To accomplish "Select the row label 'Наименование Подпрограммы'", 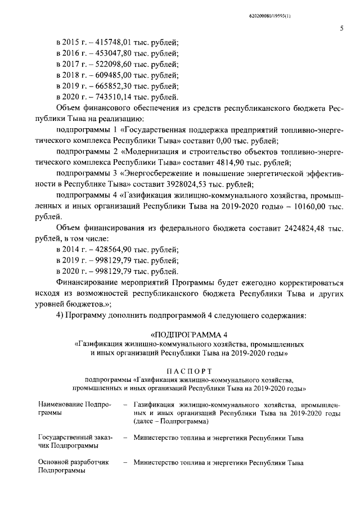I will pos(74,408).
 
